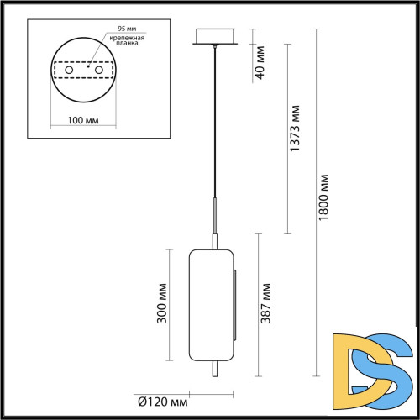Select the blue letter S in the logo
(387, 367)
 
